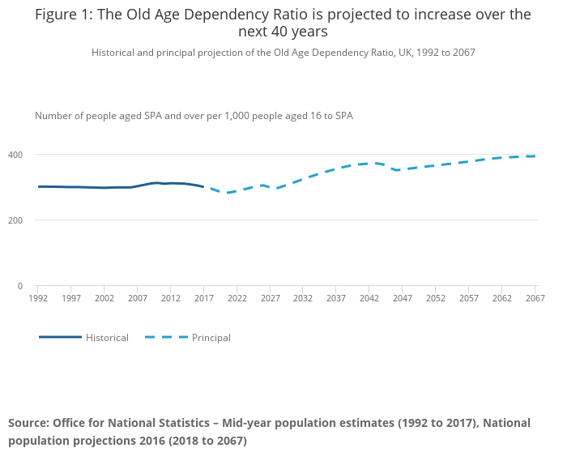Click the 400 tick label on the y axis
click(x=15, y=155)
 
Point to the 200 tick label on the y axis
click(x=15, y=220)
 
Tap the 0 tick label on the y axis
click(x=19, y=286)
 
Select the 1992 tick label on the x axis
click(x=38, y=299)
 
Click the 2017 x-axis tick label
click(x=204, y=299)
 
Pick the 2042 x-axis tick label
click(x=369, y=299)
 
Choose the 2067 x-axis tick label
click(x=535, y=299)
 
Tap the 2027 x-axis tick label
click(x=271, y=299)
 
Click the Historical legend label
click(x=107, y=338)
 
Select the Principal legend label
click(x=211, y=338)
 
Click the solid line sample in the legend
click(x=60, y=337)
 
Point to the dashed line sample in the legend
click(x=166, y=337)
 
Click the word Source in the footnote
click(x=28, y=423)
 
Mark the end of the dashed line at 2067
click(x=535, y=156)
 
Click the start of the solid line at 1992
click(x=38, y=186)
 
